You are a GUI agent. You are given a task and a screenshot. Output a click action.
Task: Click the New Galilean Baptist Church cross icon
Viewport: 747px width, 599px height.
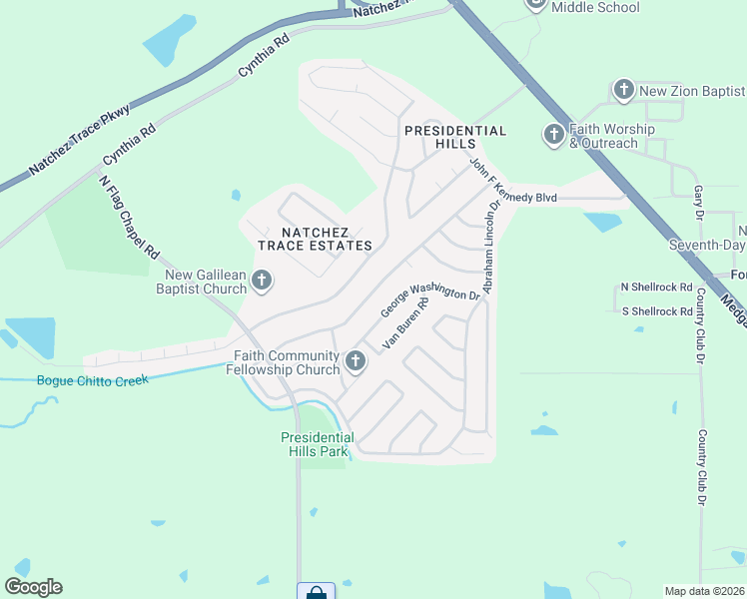click(x=262, y=281)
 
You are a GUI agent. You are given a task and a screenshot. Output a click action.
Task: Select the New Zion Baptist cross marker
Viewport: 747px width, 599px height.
click(x=623, y=91)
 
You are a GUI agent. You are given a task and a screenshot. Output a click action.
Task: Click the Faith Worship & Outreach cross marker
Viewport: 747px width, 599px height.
click(x=553, y=133)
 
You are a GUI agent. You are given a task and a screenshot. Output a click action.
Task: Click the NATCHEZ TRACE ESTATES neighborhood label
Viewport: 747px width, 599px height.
click(x=315, y=238)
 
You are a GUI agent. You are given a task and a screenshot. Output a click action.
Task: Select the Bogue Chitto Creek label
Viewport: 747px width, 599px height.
click(x=92, y=380)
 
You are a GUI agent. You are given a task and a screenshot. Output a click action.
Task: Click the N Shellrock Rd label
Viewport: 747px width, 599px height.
click(x=656, y=288)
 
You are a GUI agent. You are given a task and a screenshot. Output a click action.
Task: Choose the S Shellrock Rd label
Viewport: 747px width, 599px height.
click(x=656, y=311)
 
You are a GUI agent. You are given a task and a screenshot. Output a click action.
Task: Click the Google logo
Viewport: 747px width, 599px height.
click(x=33, y=587)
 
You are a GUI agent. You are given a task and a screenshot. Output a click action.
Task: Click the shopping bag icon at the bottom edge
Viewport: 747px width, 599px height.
click(x=317, y=592)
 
